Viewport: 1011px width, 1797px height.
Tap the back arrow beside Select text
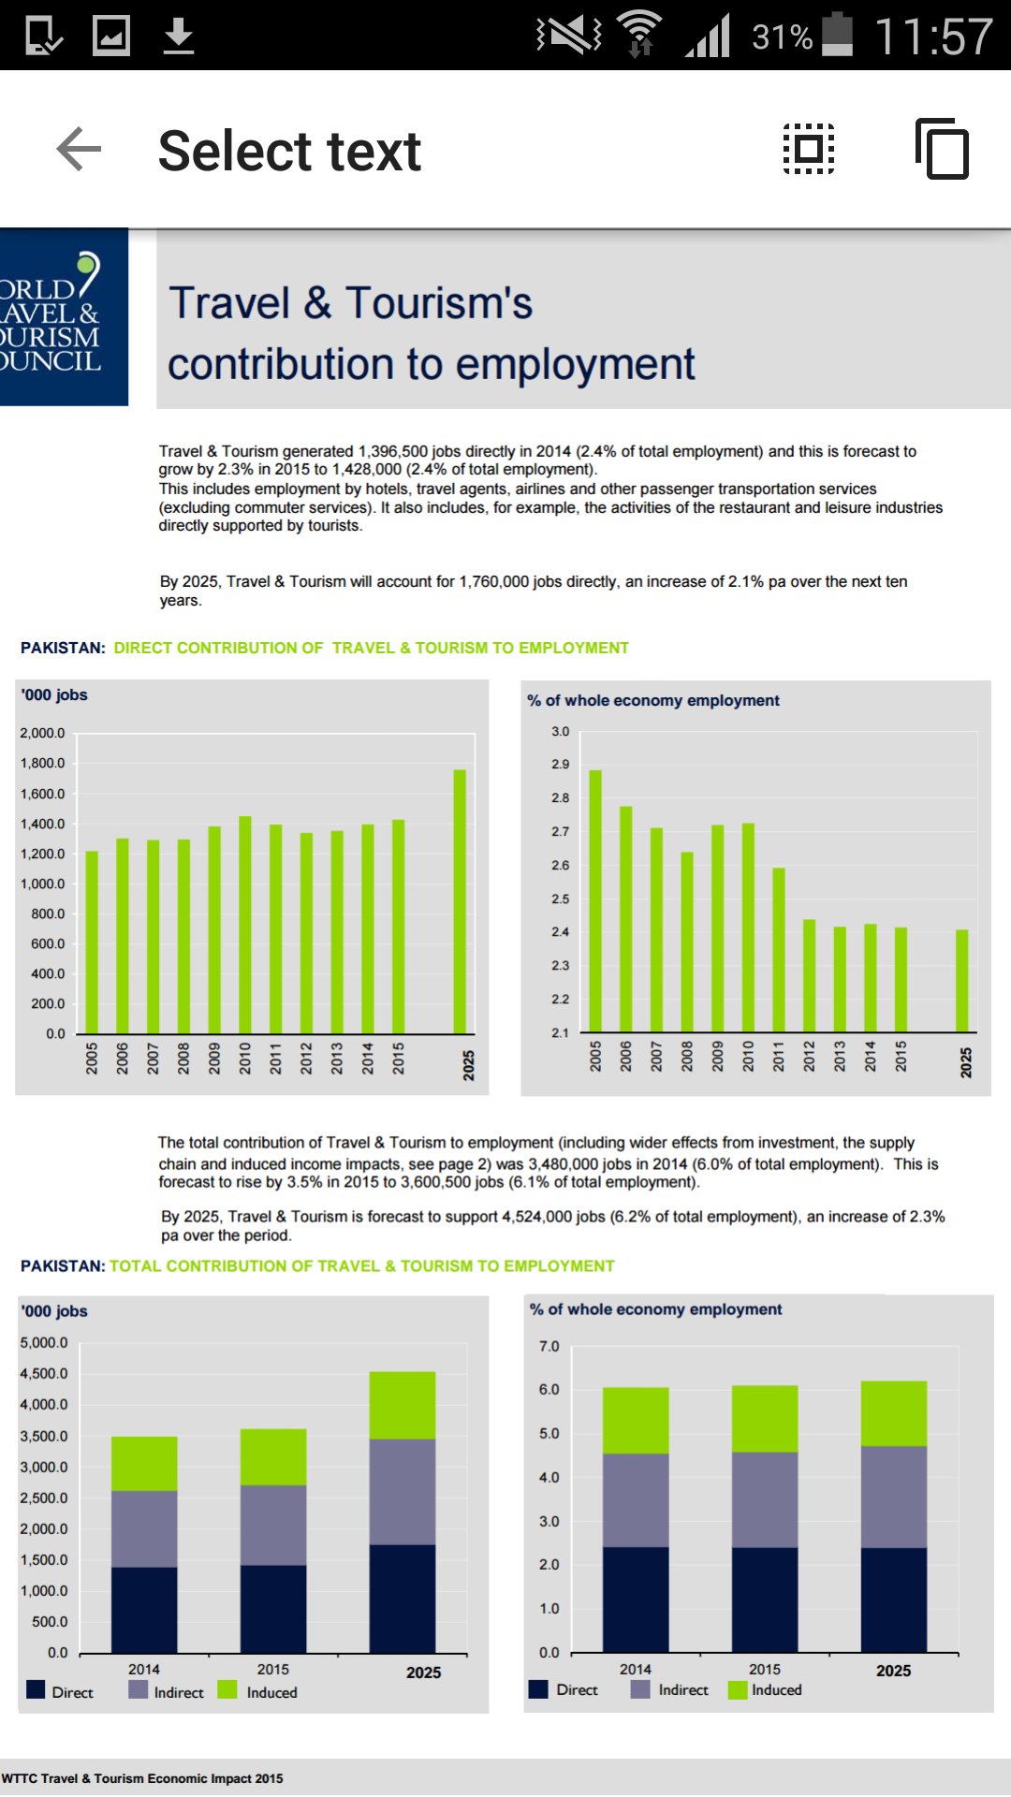(x=79, y=150)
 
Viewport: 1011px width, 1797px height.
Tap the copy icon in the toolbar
(x=942, y=149)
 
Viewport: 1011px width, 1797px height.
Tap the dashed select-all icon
(x=809, y=149)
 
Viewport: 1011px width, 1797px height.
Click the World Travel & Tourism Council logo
(x=64, y=316)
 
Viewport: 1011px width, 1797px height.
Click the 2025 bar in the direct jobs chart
(x=460, y=901)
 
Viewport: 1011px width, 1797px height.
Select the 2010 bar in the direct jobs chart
(x=245, y=925)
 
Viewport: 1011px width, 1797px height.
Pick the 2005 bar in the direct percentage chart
(x=595, y=901)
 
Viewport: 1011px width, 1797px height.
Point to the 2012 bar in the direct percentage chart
(x=810, y=976)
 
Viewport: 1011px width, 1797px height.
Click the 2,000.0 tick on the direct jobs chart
(x=42, y=733)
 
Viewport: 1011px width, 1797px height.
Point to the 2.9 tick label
(x=560, y=765)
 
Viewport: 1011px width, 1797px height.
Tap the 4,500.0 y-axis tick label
(x=44, y=1374)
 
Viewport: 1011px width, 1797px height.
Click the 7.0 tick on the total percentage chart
(x=549, y=1347)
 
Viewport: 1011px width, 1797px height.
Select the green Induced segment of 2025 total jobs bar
(x=403, y=1405)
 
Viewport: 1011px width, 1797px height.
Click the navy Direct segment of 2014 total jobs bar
(x=144, y=1610)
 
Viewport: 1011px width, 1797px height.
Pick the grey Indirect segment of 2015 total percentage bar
(x=765, y=1499)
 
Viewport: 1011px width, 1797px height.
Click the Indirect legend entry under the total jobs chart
(x=167, y=1691)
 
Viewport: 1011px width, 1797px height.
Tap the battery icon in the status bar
(x=838, y=35)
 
